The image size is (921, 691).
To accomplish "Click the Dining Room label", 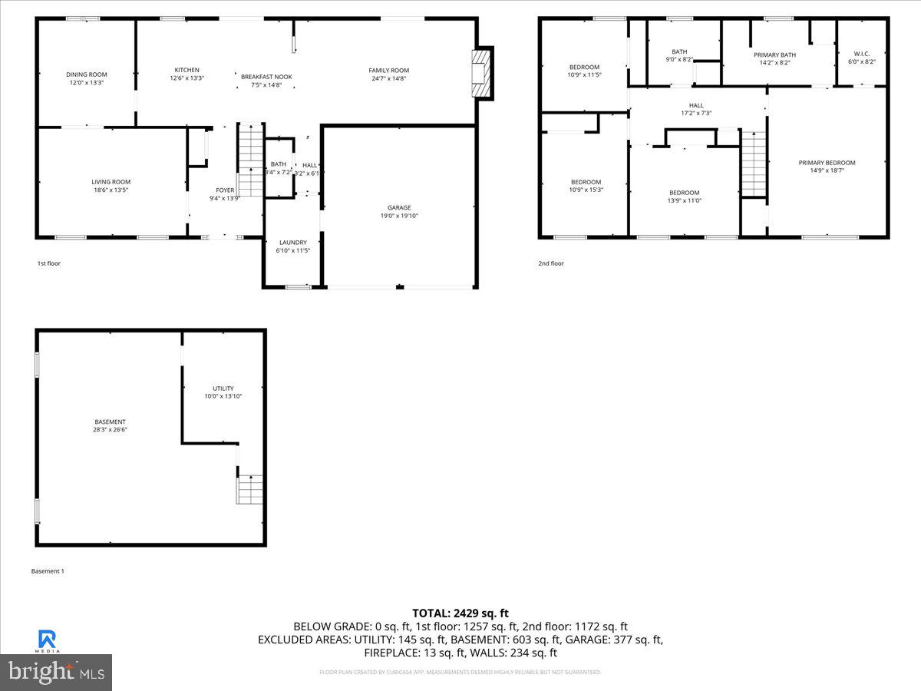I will click(85, 74).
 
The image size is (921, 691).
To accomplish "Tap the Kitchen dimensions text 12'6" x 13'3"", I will click(187, 78).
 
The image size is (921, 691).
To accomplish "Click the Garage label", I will click(398, 207).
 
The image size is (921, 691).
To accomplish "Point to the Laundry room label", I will click(292, 243).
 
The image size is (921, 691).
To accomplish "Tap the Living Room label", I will click(111, 182).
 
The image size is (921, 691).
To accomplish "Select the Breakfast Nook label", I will click(266, 77).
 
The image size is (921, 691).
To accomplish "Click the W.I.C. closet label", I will click(861, 54).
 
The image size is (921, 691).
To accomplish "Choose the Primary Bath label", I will click(774, 55).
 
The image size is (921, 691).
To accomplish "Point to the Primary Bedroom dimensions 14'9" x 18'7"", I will click(827, 170).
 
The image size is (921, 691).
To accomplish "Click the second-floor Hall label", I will click(696, 106).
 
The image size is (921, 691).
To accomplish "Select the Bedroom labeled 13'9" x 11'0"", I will click(684, 193).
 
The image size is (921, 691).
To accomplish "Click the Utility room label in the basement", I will click(223, 388).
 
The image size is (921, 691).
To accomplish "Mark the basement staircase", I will click(250, 489).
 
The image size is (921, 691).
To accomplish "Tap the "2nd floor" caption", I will click(551, 263).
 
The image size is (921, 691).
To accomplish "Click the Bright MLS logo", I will click(56, 672).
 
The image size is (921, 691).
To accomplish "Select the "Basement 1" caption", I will click(48, 570).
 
